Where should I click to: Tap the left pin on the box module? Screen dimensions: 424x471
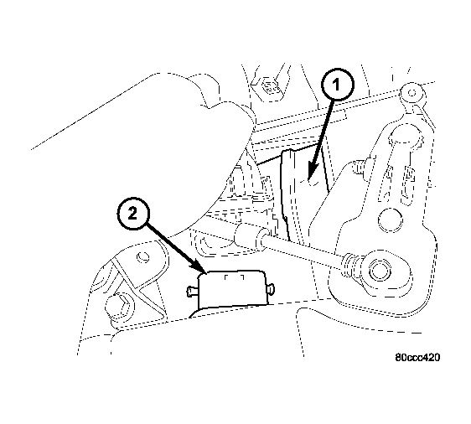click(190, 292)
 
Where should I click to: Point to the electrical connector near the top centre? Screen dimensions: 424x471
click(270, 86)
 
